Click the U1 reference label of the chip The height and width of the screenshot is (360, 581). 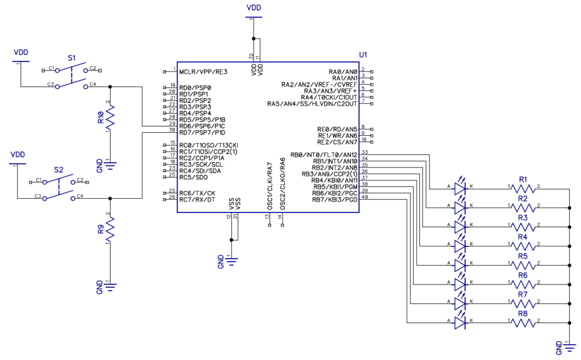coord(363,55)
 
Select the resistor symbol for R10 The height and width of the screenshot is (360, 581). coord(110,117)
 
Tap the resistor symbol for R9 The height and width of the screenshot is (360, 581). coord(110,230)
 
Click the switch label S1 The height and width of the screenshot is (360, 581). coord(71,58)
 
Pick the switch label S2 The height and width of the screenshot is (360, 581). coord(58,170)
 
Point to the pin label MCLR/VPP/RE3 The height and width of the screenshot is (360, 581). coord(203,72)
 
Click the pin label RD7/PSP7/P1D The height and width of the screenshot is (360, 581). coord(202,133)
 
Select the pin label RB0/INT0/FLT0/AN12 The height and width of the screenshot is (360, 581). coord(323,155)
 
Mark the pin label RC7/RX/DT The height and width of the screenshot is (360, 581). coord(197,199)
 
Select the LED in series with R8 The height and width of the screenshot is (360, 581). coord(460,323)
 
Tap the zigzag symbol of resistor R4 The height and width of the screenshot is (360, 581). coord(523,246)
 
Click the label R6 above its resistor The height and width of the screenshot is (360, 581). coord(523,275)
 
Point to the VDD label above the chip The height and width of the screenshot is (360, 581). coord(254,7)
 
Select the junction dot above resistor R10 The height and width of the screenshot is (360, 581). coord(110,87)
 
